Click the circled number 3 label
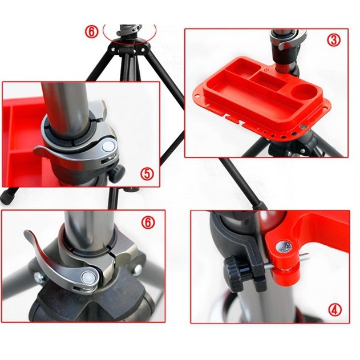(334, 40)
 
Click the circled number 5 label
(147, 173)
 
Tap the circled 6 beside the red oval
(92, 31)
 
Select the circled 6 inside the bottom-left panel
(148, 223)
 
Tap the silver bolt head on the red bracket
(284, 247)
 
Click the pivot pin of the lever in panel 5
(108, 146)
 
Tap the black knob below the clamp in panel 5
(118, 173)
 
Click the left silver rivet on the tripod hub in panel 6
(38, 277)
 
